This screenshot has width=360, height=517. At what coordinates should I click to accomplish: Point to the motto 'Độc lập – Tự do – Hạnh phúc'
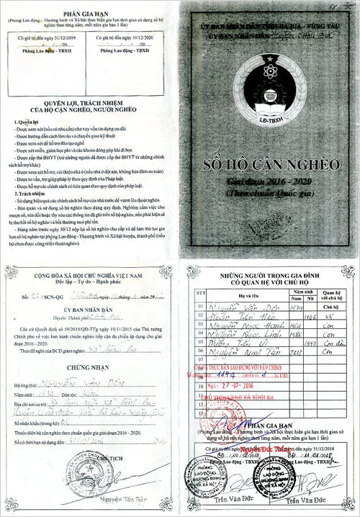(90, 297)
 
